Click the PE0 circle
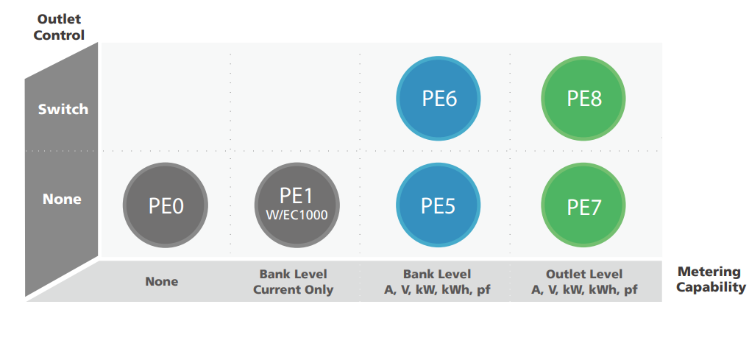[166, 205]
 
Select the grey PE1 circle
[297, 205]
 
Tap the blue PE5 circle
[438, 205]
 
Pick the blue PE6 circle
[438, 99]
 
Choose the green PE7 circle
[583, 205]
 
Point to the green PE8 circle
[583, 99]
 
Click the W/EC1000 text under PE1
[297, 215]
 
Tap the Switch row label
[63, 109]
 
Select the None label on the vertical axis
[62, 199]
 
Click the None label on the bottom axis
[162, 281]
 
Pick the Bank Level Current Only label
[294, 281]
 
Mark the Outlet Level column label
[584, 274]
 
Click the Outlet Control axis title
[60, 27]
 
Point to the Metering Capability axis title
[711, 279]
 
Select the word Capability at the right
[711, 287]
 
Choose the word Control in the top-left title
[60, 35]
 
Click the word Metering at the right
[709, 272]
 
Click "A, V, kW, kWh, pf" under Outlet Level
[584, 290]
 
